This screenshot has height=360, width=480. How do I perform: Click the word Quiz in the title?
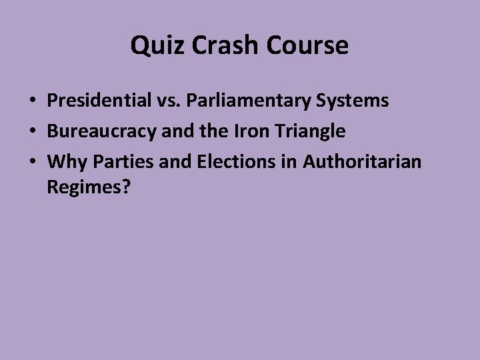(x=151, y=46)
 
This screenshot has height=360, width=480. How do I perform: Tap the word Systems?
(x=355, y=101)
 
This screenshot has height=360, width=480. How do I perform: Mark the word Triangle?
(x=310, y=131)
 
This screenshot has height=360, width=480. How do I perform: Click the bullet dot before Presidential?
(x=32, y=101)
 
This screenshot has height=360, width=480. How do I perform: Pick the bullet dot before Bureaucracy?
(x=32, y=132)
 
